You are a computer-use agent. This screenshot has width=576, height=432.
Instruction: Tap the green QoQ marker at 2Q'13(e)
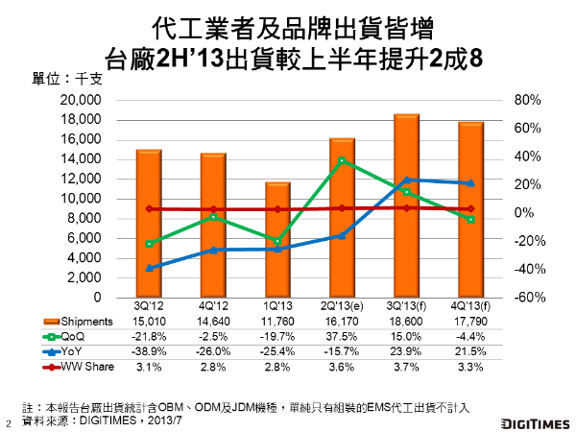pyautogui.click(x=342, y=160)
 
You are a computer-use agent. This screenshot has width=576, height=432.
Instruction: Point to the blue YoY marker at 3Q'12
pyautogui.click(x=149, y=268)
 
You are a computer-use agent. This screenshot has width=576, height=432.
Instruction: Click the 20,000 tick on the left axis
pyautogui.click(x=81, y=100)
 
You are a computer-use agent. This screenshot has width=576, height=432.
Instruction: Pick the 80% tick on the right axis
pyautogui.click(x=528, y=100)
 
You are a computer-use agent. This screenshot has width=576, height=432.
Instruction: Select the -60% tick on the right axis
pyautogui.click(x=530, y=298)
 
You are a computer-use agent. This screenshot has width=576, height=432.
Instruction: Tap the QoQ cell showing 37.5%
pyautogui.click(x=342, y=337)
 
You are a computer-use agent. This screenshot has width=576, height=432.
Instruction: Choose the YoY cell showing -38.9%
pyautogui.click(x=149, y=352)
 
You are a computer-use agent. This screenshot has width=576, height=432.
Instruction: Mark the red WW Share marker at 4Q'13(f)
pyautogui.click(x=470, y=208)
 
